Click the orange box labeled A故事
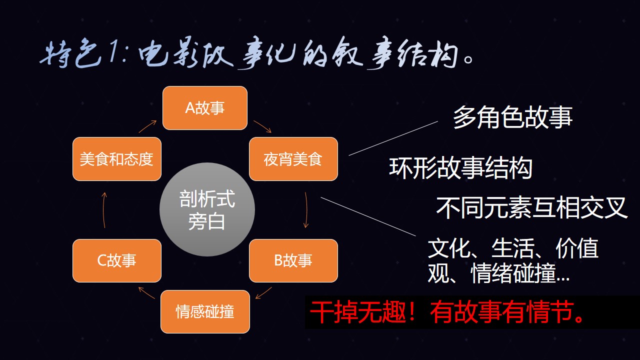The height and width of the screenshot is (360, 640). click(x=205, y=108)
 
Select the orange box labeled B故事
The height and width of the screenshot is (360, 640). click(x=293, y=260)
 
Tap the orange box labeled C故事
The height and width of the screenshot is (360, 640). click(x=117, y=260)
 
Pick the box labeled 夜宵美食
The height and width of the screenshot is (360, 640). click(x=293, y=159)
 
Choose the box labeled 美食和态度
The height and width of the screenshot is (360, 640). click(x=117, y=159)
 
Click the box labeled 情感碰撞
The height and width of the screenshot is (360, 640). click(x=205, y=311)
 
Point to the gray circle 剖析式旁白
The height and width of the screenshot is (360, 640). click(x=207, y=209)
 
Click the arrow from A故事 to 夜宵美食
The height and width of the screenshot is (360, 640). click(x=262, y=126)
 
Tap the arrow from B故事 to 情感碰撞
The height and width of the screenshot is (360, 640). click(x=263, y=293)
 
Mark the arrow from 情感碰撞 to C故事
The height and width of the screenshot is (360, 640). click(x=146, y=293)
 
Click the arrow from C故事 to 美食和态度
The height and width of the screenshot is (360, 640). click(x=103, y=210)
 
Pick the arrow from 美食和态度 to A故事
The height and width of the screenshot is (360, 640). click(x=147, y=126)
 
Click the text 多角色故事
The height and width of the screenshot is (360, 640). click(x=513, y=117)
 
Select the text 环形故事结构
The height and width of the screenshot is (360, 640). click(x=461, y=168)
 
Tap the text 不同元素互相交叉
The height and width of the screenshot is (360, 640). click(x=531, y=207)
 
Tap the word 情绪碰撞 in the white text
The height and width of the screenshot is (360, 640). click(x=513, y=273)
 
